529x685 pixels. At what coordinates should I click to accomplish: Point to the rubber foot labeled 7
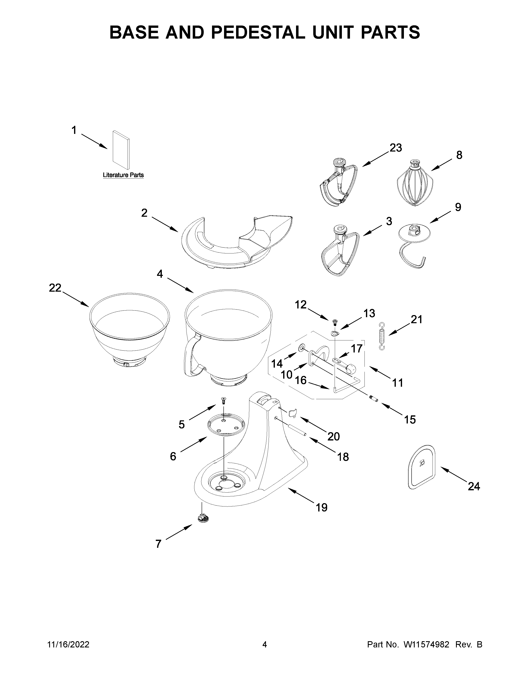pos(204,518)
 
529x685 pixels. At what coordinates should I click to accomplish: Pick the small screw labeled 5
pos(223,400)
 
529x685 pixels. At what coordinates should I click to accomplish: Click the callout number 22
pos(55,288)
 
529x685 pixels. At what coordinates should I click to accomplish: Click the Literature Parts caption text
pos(123,175)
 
